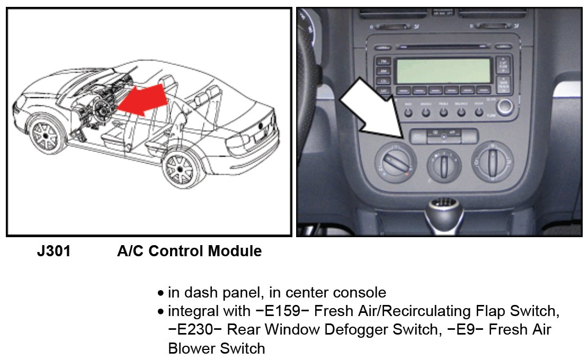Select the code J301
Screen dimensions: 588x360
click(x=54, y=251)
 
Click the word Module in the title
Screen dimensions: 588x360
click(x=233, y=251)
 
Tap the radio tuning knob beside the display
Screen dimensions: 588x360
click(x=505, y=106)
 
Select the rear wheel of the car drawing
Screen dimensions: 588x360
click(x=181, y=169)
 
